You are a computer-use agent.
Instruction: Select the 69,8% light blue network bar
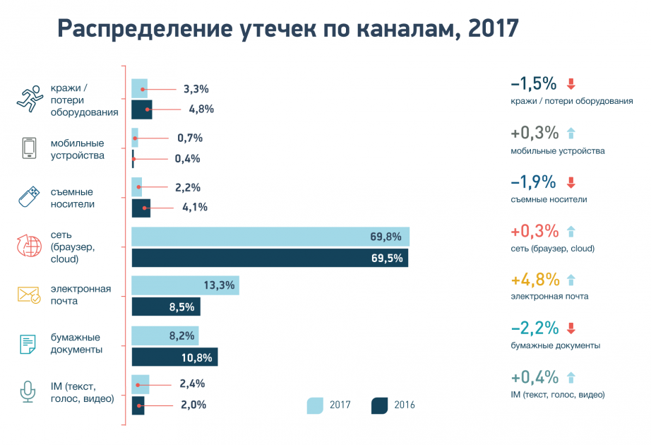(270, 237)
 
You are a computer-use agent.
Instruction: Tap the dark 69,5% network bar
(270, 258)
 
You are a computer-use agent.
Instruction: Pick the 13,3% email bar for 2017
(185, 285)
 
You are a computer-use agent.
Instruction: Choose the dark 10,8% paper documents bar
(174, 357)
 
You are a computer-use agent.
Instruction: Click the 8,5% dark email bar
(166, 307)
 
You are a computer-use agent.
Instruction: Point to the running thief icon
(29, 99)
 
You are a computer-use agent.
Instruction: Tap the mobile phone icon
(29, 148)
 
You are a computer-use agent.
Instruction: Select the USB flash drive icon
(29, 197)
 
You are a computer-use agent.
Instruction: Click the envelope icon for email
(29, 295)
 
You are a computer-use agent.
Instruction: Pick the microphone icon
(28, 392)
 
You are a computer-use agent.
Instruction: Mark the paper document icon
(28, 344)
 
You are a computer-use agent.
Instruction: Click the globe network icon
(29, 246)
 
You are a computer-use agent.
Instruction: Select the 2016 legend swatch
(379, 405)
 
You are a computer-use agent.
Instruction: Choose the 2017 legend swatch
(314, 405)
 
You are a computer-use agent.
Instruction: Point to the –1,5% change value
(534, 84)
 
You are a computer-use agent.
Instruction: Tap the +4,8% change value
(534, 279)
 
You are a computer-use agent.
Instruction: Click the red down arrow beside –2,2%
(571, 328)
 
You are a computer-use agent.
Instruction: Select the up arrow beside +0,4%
(571, 377)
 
